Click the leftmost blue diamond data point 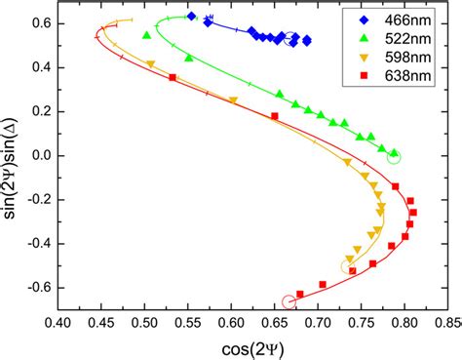(x=192, y=17)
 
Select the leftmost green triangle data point (x=146, y=35)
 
